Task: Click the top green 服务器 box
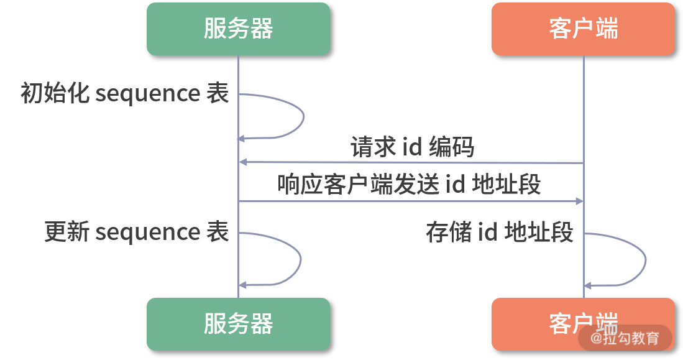tap(238, 29)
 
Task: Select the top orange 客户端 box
tap(583, 29)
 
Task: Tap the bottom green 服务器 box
tap(238, 324)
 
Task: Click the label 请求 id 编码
tap(412, 147)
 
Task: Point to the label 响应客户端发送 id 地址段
tap(409, 185)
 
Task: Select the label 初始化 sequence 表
tap(124, 94)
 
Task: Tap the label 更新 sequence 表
tap(137, 232)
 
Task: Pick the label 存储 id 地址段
tap(499, 232)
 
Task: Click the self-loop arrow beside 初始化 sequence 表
tap(303, 116)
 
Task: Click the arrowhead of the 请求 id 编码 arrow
tap(243, 163)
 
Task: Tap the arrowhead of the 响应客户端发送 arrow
tap(579, 201)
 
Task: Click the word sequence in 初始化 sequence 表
tap(147, 95)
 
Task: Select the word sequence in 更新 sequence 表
tap(147, 233)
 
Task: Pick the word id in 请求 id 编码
tap(413, 147)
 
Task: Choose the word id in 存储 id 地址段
tap(487, 232)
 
